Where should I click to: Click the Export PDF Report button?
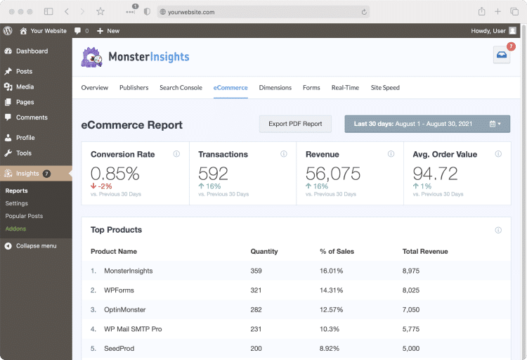(x=295, y=124)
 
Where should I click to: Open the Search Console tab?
(x=181, y=88)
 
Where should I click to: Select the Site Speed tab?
(x=385, y=88)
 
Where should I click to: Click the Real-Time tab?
(x=345, y=88)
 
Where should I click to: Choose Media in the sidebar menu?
(x=25, y=87)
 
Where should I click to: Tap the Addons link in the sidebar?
(x=15, y=229)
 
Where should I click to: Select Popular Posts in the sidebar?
(x=24, y=217)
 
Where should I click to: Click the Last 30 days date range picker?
(x=427, y=124)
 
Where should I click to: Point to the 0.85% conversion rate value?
(x=115, y=174)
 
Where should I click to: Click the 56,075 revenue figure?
(x=333, y=174)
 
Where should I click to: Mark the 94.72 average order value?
(x=436, y=174)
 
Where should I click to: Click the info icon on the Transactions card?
(x=284, y=154)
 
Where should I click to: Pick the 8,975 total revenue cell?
(x=411, y=271)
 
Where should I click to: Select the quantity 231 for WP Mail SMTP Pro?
(x=256, y=329)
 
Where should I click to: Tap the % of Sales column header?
(x=337, y=251)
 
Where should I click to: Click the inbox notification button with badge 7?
(x=501, y=56)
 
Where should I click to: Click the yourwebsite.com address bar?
(x=263, y=12)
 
